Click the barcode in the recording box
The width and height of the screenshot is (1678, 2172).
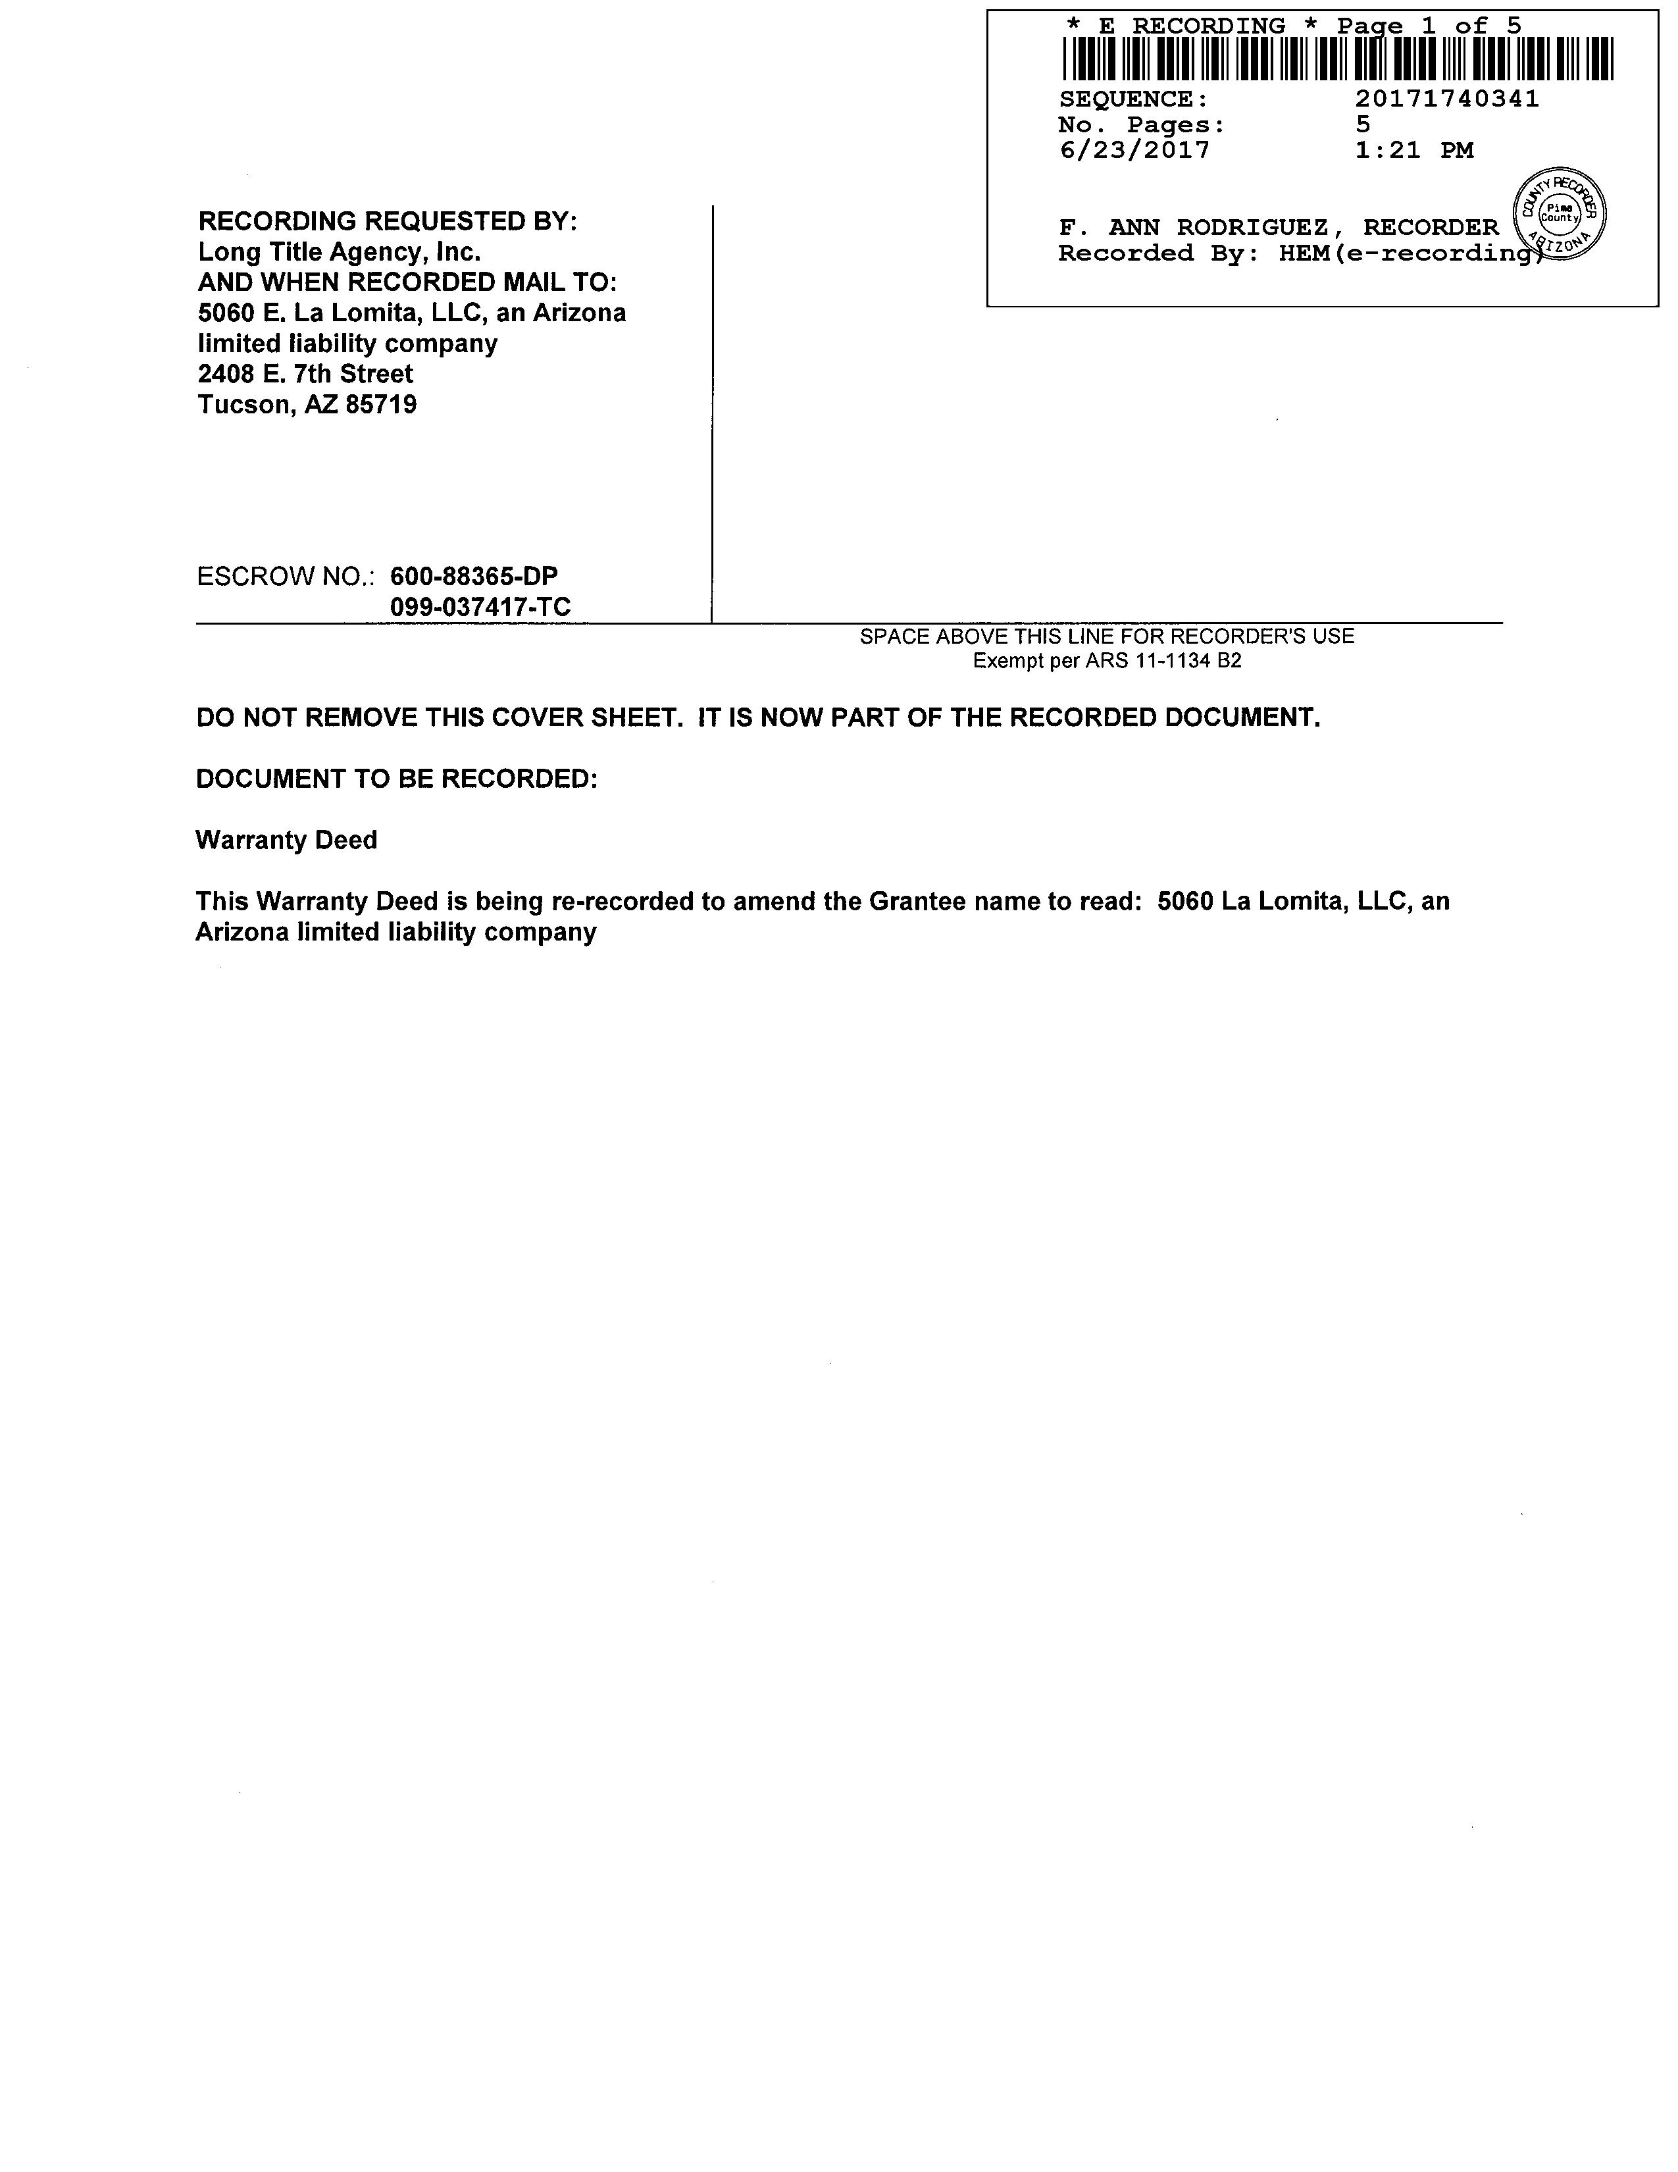(1337, 59)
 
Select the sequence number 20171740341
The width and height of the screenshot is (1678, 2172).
(1446, 99)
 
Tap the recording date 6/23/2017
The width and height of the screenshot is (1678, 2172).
(1134, 150)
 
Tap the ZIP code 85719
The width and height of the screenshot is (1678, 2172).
(381, 405)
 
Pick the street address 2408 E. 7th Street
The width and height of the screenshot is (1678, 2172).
(305, 374)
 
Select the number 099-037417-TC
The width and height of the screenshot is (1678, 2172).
(480, 607)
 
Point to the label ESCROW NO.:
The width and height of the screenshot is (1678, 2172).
(286, 577)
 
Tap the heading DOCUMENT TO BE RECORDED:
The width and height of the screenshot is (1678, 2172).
(397, 779)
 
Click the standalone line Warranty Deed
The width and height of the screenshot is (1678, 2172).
(286, 840)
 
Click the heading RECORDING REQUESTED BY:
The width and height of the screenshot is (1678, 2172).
(387, 220)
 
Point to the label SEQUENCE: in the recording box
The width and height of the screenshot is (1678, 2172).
(1133, 99)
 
